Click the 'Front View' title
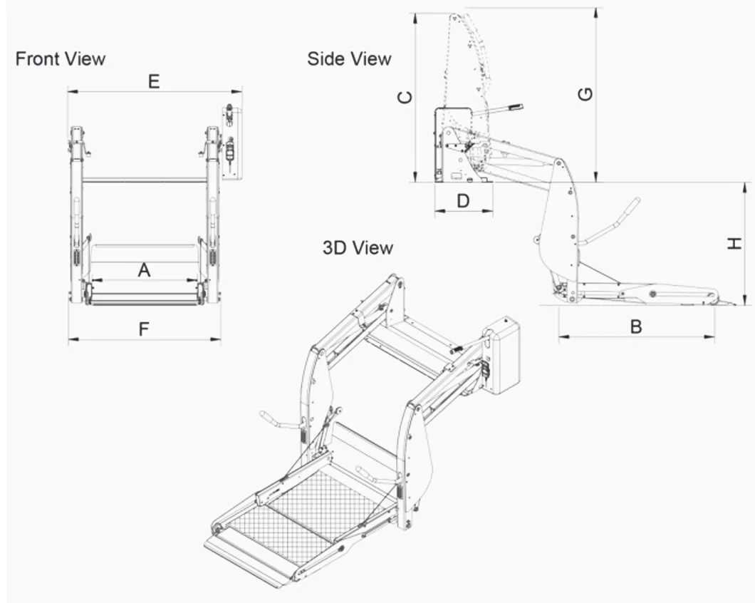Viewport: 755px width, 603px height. click(61, 58)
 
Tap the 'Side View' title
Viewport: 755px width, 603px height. click(349, 58)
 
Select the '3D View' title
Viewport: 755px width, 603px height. click(358, 248)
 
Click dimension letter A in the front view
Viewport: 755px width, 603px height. click(144, 270)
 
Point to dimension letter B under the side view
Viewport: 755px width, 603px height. click(636, 326)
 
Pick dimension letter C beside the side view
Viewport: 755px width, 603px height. click(405, 97)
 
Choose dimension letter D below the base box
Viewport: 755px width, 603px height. click(463, 202)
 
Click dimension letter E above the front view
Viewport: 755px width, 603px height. click(154, 82)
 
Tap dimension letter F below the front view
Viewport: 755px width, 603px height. click(144, 329)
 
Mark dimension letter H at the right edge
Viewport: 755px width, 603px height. click(734, 244)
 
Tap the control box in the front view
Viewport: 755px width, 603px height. click(231, 143)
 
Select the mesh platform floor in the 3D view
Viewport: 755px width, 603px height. click(306, 506)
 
